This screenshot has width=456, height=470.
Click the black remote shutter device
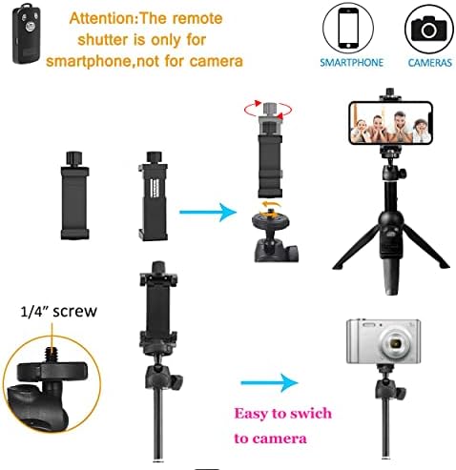pyautogui.click(x=27, y=33)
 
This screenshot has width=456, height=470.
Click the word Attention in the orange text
pyautogui.click(x=103, y=18)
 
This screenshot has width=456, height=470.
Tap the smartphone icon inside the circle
pyautogui.click(x=348, y=28)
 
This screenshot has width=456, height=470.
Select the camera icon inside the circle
pyautogui.click(x=428, y=29)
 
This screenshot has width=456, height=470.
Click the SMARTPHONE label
pyautogui.click(x=351, y=62)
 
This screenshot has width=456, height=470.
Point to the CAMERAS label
pyautogui.click(x=429, y=63)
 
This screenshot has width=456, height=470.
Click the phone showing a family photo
pyautogui.click(x=391, y=123)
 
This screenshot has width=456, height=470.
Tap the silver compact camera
pyautogui.click(x=383, y=341)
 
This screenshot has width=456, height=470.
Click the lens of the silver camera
pyautogui.click(x=397, y=343)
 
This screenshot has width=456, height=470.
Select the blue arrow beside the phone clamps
pyautogui.click(x=208, y=212)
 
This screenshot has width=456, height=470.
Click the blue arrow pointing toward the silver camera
pyautogui.click(x=269, y=382)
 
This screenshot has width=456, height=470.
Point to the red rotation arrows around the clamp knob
pyautogui.click(x=268, y=110)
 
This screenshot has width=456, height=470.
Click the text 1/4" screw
pyautogui.click(x=58, y=312)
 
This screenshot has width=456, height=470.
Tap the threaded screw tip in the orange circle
pyautogui.click(x=50, y=354)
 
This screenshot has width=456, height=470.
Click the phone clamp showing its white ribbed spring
pyautogui.click(x=154, y=196)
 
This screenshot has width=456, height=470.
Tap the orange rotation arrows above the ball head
pyautogui.click(x=269, y=210)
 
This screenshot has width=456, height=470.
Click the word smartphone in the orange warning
pyautogui.click(x=89, y=61)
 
